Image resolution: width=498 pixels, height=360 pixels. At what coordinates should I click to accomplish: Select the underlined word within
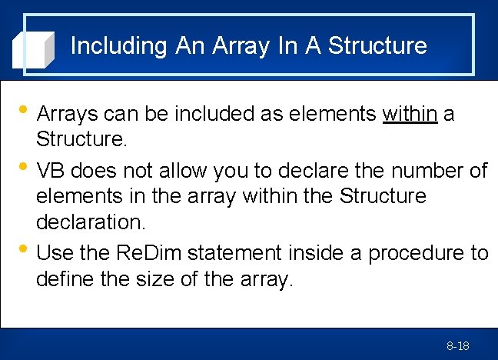pyautogui.click(x=410, y=115)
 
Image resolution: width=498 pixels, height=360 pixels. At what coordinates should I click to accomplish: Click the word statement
pyautogui.click(x=237, y=252)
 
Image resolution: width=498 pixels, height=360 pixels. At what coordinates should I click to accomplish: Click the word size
pyautogui.click(x=159, y=279)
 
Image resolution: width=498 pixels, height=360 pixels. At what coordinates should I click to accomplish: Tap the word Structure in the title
pyautogui.click(x=377, y=46)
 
